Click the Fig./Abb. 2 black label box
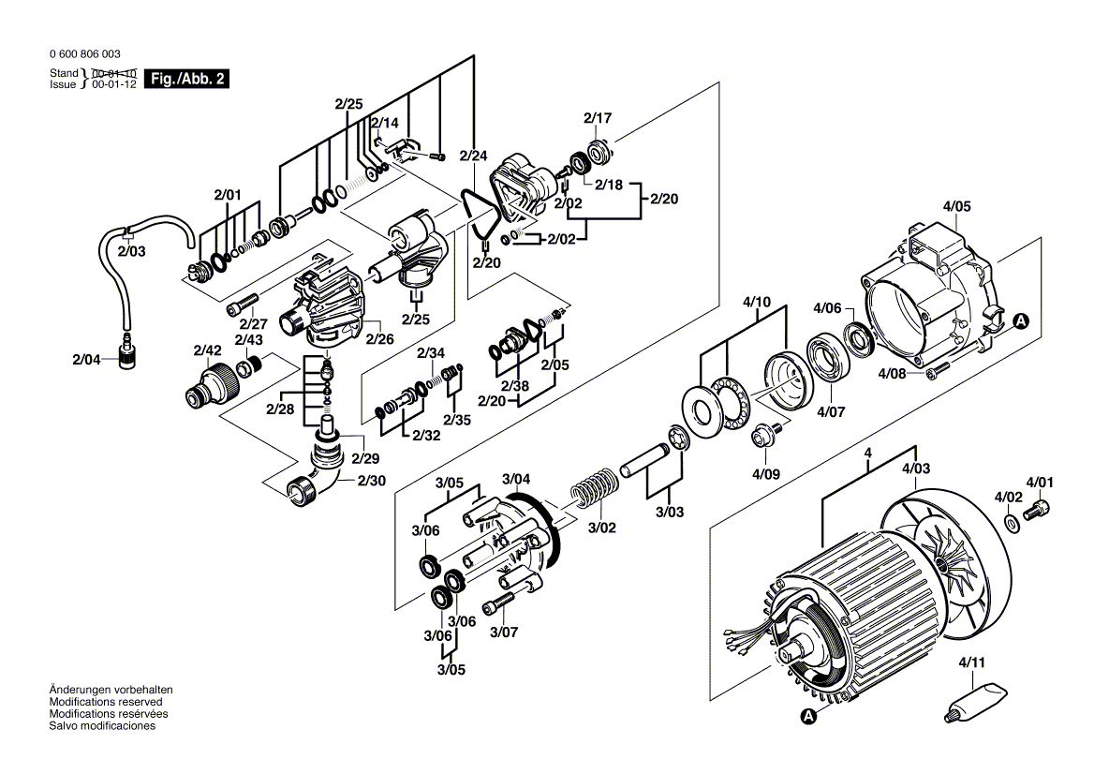coord(187,80)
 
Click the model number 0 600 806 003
coord(84,54)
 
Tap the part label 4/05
coord(957,206)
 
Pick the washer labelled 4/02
coord(1012,522)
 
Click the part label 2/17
coord(597,118)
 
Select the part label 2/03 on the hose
coord(132,250)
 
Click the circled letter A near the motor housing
coord(1020,321)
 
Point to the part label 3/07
coord(503,633)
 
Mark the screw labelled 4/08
coord(934,375)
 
